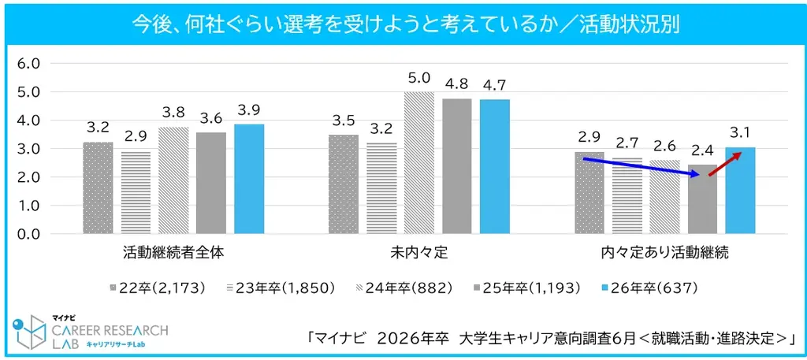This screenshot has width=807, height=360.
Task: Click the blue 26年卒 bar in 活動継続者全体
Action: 249,179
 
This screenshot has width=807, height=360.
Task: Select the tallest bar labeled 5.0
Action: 419,163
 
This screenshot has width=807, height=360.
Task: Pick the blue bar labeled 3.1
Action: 740,191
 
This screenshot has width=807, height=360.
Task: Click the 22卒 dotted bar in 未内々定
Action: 344,184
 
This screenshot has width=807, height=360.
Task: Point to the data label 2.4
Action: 702,151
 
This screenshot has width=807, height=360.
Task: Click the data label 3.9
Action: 249,110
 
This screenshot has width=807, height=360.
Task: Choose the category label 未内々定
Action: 419,254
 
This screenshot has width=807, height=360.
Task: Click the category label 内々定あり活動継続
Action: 664,254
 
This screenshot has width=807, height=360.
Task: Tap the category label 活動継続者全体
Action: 173,254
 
